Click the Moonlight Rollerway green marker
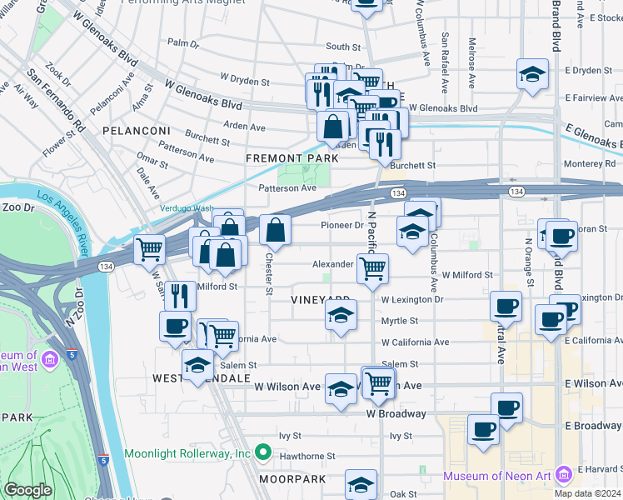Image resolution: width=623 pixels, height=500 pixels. [263, 453]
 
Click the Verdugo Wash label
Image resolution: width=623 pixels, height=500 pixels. [187, 208]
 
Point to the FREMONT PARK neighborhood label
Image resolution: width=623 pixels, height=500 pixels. [292, 157]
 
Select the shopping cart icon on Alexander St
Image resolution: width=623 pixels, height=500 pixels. [372, 268]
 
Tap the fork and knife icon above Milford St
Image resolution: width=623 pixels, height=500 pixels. [180, 294]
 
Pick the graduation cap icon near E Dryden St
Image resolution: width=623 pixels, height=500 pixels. [531, 73]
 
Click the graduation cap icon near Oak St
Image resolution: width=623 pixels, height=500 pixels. [361, 483]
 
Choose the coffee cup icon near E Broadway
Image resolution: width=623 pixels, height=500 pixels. [482, 429]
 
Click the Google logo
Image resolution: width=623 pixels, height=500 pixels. [27, 490]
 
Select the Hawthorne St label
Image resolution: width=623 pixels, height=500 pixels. [307, 456]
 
